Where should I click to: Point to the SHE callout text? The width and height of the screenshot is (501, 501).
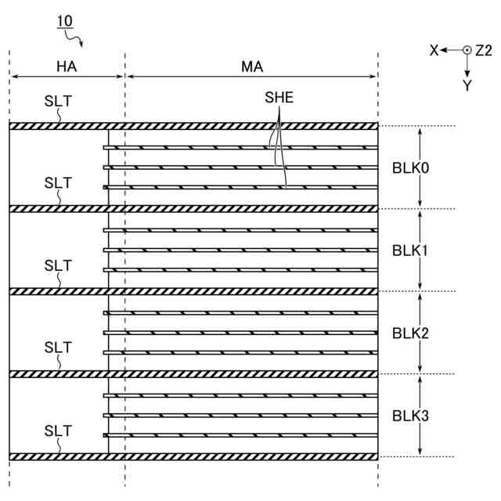pos(279,99)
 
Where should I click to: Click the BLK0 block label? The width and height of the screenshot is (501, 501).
pos(410,168)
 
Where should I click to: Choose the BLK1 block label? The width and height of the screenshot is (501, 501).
pos(410,250)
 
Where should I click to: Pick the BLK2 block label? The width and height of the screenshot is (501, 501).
pos(410,333)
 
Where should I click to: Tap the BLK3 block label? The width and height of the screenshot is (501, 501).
pos(410,415)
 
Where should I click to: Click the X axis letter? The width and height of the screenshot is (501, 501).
pos(434,50)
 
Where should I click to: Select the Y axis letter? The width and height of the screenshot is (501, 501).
pos(467,86)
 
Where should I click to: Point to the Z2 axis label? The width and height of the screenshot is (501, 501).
pos(484,50)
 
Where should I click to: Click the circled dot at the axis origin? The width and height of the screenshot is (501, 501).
pos(467,50)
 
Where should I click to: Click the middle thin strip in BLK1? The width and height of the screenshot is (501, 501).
pos(243,250)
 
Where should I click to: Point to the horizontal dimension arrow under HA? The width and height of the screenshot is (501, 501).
pos(67,77)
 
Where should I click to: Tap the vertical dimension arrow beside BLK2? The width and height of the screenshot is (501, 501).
pos(421,333)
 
